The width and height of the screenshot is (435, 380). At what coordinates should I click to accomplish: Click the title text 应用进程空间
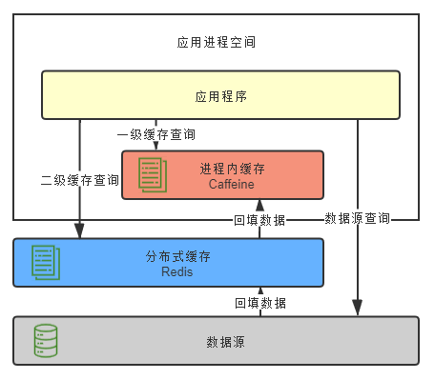pyautogui.click(x=217, y=43)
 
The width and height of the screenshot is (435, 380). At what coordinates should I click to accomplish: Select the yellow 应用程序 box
pyautogui.click(x=220, y=96)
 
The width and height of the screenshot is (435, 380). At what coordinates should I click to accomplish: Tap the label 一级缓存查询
pyautogui.click(x=156, y=134)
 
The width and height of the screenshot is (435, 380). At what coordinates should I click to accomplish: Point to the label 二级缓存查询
pyautogui.click(x=80, y=179)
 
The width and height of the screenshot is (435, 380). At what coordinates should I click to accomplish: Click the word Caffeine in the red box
pyautogui.click(x=233, y=183)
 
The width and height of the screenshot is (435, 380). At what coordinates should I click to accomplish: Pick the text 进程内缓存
pyautogui.click(x=233, y=169)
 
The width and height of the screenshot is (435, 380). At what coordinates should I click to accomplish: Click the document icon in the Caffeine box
pyautogui.click(x=152, y=174)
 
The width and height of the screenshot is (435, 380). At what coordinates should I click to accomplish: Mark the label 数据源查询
pyautogui.click(x=358, y=218)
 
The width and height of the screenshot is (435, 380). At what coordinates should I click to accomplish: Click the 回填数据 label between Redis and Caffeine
pyautogui.click(x=259, y=220)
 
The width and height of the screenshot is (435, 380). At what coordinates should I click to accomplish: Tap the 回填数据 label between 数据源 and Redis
pyautogui.click(x=259, y=303)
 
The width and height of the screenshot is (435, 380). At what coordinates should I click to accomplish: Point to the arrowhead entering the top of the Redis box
pyautogui.click(x=80, y=232)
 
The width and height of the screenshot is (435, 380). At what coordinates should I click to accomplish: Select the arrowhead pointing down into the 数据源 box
pyautogui.click(x=358, y=310)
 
